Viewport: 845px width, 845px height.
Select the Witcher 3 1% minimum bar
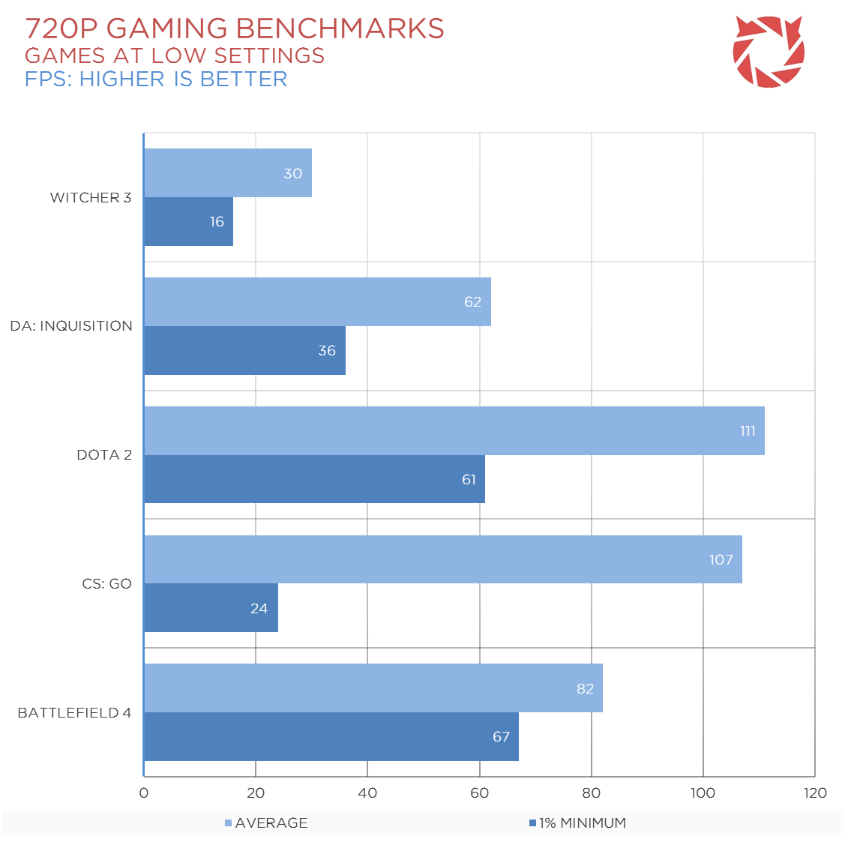click(188, 221)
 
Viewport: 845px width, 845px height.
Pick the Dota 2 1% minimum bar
click(314, 479)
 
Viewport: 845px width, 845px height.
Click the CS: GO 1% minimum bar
click(211, 608)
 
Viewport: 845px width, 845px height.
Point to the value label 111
click(748, 431)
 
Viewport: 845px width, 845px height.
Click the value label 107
click(721, 560)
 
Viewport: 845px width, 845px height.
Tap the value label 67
click(501, 737)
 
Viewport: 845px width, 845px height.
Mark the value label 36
click(327, 351)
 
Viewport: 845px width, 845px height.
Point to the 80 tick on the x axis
click(592, 793)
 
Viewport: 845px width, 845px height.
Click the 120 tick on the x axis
click(815, 793)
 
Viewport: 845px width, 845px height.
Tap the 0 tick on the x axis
click(144, 793)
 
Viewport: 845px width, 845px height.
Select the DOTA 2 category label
click(104, 455)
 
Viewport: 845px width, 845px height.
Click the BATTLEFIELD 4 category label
click(74, 713)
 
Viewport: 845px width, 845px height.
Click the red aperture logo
click(769, 52)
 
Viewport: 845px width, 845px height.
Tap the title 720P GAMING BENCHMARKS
click(235, 28)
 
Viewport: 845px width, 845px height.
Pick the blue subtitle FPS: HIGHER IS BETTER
click(156, 79)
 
